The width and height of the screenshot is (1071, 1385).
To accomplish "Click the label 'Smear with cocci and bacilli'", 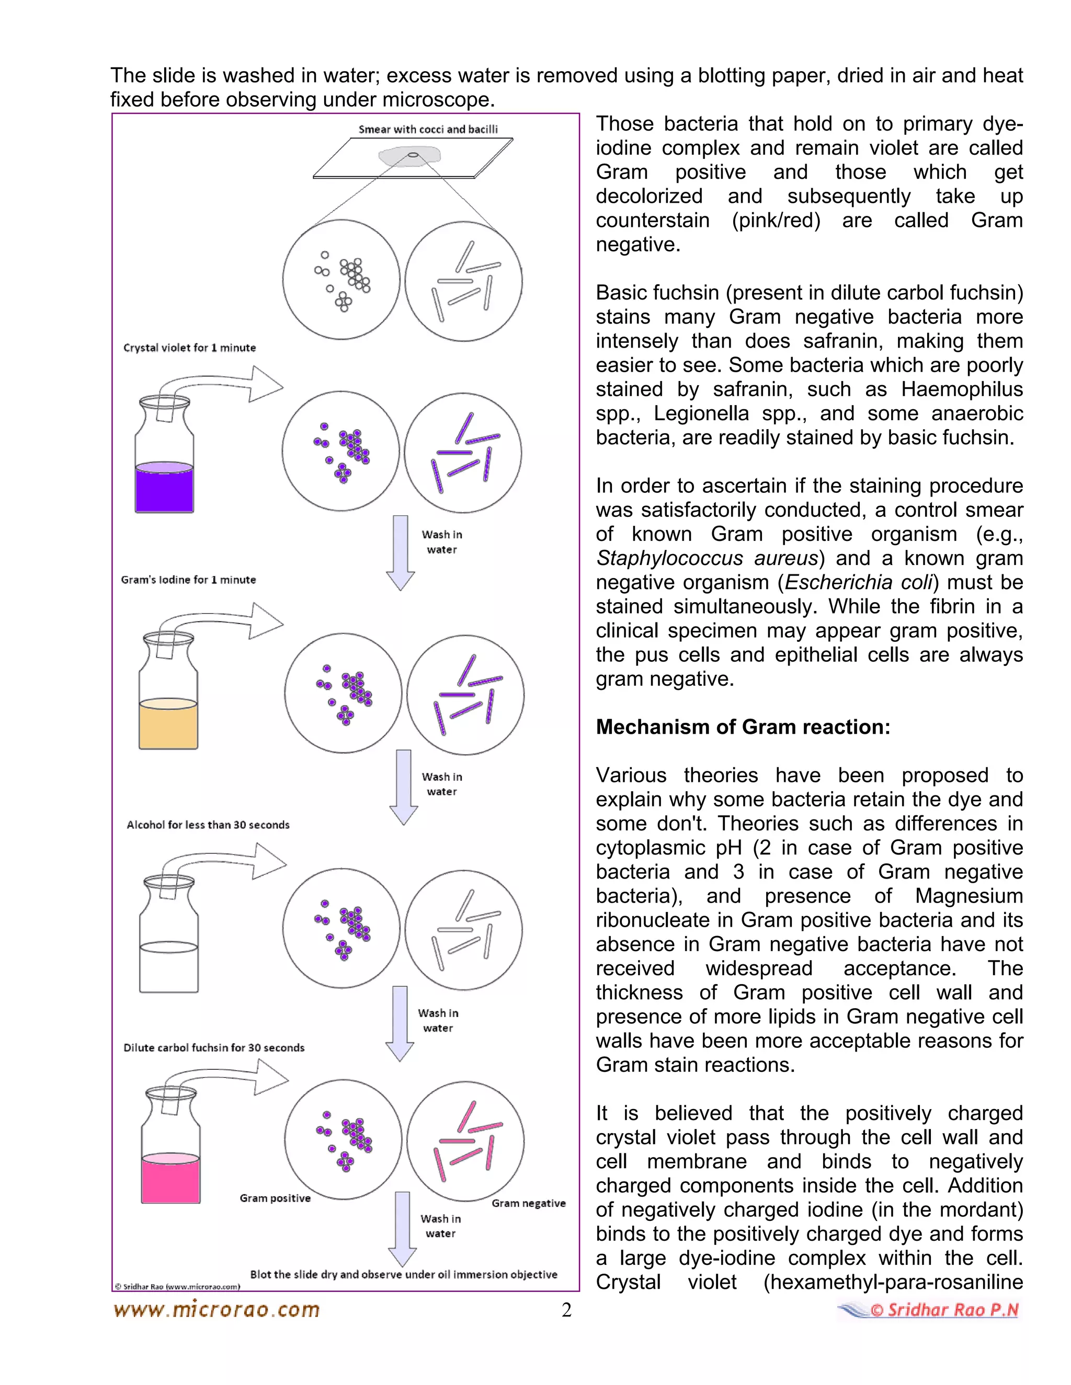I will (x=428, y=130).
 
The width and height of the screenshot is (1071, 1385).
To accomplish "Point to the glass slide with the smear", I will (x=413, y=158).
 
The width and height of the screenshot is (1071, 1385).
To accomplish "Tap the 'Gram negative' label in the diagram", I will (x=529, y=1203).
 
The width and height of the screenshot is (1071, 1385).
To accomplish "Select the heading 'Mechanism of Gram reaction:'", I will (x=743, y=727).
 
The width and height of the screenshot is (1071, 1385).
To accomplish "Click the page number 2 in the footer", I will (x=566, y=1310).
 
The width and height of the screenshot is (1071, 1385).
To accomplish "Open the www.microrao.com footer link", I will (x=217, y=1310).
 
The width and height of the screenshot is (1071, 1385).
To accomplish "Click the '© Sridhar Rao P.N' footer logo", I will (x=929, y=1310).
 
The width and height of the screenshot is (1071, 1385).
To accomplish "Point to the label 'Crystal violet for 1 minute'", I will (x=189, y=348).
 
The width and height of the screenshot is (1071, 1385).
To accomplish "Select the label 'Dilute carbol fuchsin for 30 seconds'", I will (x=214, y=1047).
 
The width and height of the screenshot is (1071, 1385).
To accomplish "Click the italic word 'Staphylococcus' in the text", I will (x=669, y=558).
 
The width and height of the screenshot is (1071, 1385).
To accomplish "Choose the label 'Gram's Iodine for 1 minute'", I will (x=188, y=580).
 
